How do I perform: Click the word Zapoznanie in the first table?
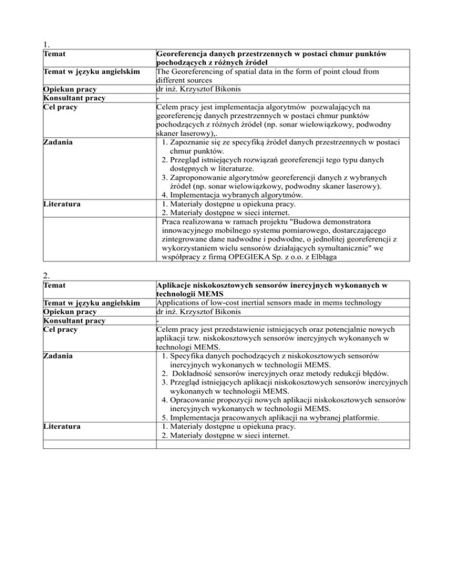pyautogui.click(x=193, y=142)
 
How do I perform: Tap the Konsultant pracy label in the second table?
pyautogui.click(x=74, y=320)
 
